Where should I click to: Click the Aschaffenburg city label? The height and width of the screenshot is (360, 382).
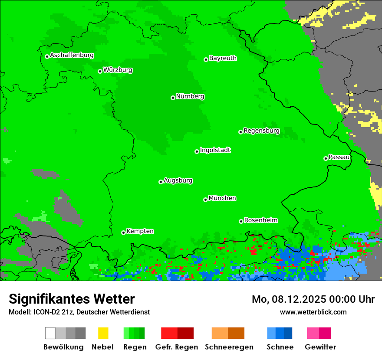[72, 55]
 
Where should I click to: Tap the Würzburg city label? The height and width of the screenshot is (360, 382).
[118, 70]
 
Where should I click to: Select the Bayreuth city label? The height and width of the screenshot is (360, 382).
[223, 58]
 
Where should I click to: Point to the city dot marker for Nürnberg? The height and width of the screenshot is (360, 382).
[173, 98]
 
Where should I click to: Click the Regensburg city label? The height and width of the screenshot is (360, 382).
[261, 131]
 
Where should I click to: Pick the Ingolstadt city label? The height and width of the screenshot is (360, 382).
[215, 150]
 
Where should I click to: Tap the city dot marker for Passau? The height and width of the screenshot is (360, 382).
[326, 158]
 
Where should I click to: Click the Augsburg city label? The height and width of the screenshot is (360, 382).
[178, 180]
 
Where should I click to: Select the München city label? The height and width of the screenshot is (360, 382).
[222, 198]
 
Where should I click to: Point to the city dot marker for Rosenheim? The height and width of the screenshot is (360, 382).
[241, 221]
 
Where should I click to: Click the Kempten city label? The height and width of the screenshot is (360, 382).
[140, 231]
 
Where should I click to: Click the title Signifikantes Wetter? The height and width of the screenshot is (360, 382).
[72, 299]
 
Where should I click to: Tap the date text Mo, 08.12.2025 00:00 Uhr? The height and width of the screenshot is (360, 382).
[313, 299]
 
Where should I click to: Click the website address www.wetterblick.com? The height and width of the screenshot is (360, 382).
[313, 312]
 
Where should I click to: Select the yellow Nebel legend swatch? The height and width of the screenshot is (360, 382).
[103, 333]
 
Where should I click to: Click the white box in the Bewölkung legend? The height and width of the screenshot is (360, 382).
[50, 333]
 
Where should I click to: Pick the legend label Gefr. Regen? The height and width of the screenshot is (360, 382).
[177, 347]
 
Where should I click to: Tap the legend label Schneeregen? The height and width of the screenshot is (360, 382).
[229, 347]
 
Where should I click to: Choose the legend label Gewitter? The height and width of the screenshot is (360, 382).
[320, 347]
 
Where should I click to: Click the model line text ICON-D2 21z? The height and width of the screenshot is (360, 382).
[52, 312]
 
